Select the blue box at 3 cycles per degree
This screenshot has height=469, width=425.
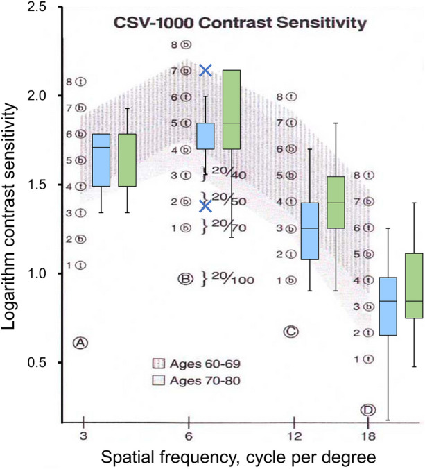tap(102, 160)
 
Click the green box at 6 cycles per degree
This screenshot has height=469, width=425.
tap(230, 110)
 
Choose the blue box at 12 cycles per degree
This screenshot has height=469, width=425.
tap(310, 231)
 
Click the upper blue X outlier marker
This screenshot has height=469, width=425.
tap(205, 70)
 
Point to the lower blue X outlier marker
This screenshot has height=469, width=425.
tap(205, 205)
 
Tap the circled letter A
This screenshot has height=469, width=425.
tap(80, 342)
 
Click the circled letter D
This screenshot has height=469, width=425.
tap(367, 409)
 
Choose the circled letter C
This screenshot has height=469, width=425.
tap(291, 332)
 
